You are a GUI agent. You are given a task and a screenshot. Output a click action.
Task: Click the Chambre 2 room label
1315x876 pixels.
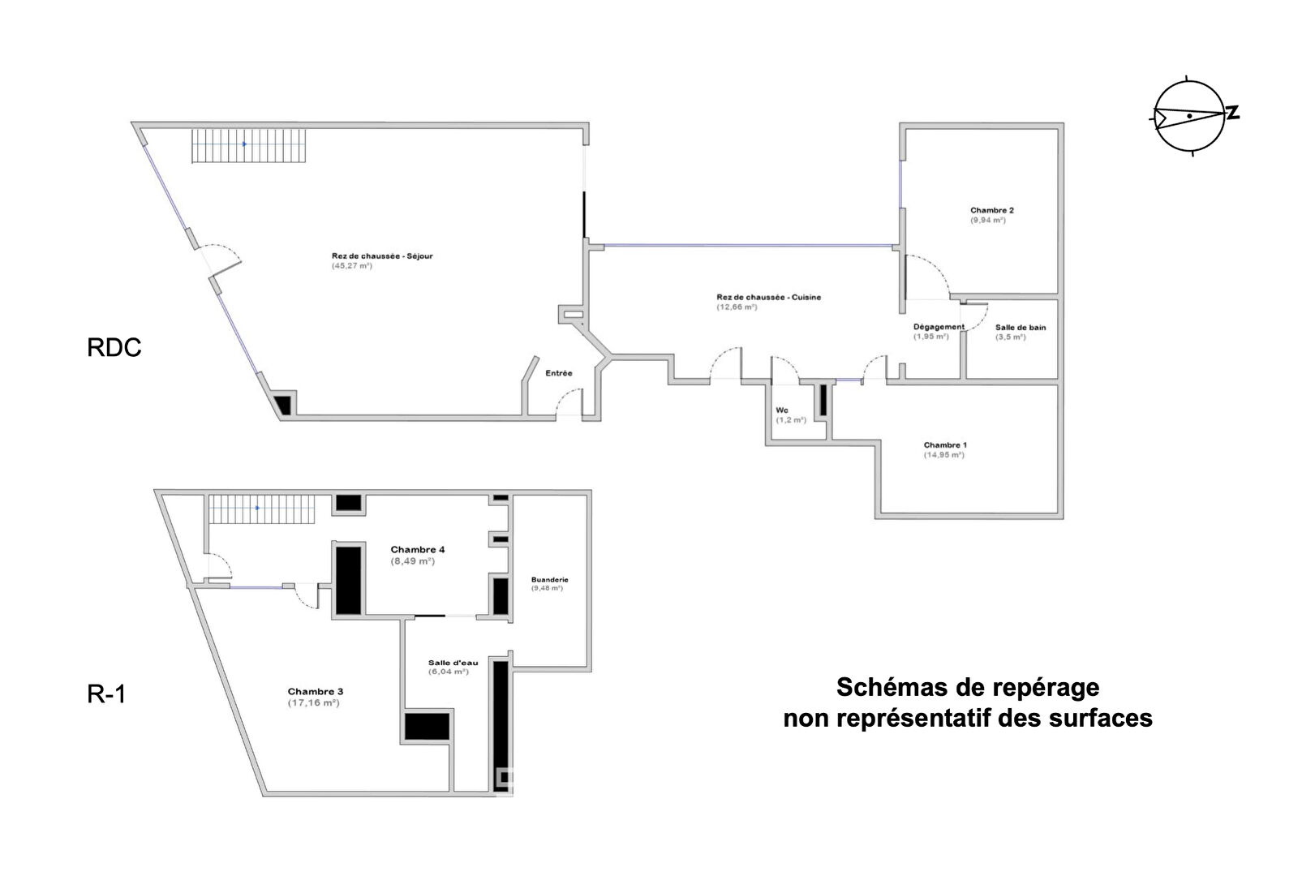click(x=991, y=210)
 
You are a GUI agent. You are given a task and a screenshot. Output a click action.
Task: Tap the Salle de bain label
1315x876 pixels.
click(x=1021, y=328)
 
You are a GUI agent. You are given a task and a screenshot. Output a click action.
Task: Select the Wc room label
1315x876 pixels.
click(x=782, y=410)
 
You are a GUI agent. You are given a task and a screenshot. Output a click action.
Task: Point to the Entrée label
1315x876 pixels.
click(x=558, y=373)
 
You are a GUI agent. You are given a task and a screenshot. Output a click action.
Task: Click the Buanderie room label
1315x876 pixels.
click(x=549, y=580)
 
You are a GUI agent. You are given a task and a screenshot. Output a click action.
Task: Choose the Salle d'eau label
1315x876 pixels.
click(x=453, y=663)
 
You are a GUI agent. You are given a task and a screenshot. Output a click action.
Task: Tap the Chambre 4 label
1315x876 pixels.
click(x=417, y=550)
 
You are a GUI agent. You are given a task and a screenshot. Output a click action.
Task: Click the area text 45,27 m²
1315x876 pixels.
click(x=351, y=266)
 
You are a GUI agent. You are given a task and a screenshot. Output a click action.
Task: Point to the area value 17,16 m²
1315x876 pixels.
click(x=313, y=703)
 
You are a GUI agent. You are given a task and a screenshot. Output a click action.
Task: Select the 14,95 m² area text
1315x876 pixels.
click(x=943, y=455)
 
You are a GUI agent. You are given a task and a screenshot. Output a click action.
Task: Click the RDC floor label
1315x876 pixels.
click(x=114, y=347)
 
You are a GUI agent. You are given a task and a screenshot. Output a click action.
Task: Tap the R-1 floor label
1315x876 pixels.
click(x=106, y=694)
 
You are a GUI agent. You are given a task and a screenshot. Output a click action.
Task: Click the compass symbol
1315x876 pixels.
click(x=1190, y=117)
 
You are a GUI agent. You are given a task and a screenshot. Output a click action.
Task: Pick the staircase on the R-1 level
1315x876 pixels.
click(x=260, y=509)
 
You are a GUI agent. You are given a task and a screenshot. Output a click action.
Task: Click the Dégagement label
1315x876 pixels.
click(x=939, y=327)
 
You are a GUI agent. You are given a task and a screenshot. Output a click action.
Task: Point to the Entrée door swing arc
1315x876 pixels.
click(x=569, y=397)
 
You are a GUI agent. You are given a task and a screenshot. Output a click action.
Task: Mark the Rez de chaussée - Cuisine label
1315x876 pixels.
click(x=768, y=297)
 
